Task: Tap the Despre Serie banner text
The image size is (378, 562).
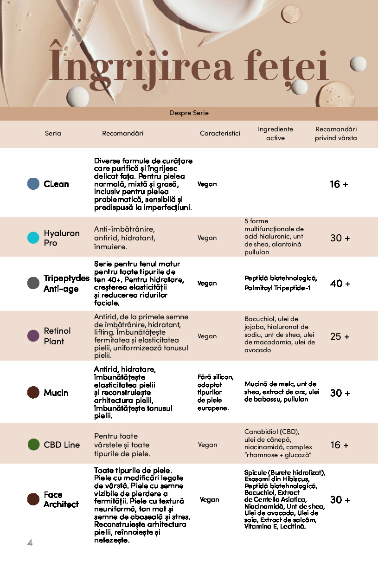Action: (189, 113)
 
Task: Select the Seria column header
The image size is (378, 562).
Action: (53, 133)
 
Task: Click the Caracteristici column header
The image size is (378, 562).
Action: (220, 133)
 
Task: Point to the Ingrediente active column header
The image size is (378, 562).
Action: (275, 133)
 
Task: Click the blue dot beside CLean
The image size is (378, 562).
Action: (33, 184)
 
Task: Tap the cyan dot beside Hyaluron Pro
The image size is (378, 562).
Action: (33, 238)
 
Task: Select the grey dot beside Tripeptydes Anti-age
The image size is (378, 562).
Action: (33, 283)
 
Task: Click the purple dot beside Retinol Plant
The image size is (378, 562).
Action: (33, 336)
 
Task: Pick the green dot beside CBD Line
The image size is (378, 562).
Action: (33, 445)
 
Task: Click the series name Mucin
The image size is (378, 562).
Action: (56, 393)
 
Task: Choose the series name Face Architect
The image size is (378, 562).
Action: (61, 499)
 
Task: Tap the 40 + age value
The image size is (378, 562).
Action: (340, 284)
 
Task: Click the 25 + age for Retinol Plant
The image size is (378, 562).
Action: (340, 336)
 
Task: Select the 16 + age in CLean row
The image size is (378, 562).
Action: (339, 184)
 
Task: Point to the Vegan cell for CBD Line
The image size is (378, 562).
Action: (207, 445)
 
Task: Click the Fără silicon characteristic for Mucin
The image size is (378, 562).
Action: (215, 377)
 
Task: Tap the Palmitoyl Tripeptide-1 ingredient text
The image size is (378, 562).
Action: (277, 288)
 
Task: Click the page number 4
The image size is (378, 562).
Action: (30, 543)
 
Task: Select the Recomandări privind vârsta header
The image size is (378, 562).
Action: (336, 133)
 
